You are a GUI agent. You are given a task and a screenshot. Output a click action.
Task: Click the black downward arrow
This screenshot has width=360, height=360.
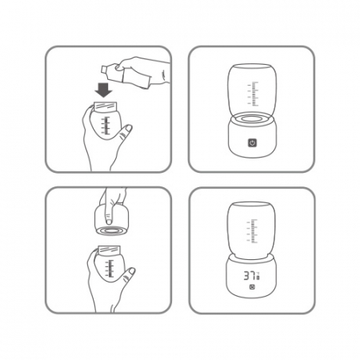pos(103,90)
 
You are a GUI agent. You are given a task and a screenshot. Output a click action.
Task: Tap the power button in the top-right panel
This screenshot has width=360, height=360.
pos(252,143)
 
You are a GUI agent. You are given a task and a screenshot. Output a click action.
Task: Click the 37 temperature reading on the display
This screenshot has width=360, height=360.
pos(250,275)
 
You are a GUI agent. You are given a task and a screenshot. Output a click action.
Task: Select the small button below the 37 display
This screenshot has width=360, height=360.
pos(251,287)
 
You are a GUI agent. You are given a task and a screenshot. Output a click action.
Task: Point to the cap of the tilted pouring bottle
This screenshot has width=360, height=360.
pos(104,69)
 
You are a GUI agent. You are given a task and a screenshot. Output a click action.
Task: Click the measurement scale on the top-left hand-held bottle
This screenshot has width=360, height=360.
pos(106,125)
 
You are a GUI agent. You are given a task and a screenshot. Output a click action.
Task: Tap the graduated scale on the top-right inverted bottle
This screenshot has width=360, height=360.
pos(254,94)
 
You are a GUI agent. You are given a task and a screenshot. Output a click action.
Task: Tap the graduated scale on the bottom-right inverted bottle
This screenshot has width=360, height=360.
pos(253,231)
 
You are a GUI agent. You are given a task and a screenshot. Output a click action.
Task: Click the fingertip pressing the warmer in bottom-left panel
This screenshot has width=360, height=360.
pos(109,221)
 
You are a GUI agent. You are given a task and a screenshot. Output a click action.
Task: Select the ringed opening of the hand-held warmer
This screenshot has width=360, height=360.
pos(112,230)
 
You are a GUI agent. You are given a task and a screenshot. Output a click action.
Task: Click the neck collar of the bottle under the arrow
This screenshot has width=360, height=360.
pos(106,107)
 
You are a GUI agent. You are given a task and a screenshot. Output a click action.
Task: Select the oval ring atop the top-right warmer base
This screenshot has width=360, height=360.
pos(252,118)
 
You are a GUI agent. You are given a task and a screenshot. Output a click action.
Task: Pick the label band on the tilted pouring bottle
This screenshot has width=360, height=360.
pos(135,78)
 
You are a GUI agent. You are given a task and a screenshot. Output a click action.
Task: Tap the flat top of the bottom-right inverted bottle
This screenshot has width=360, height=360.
pos(251,204)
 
